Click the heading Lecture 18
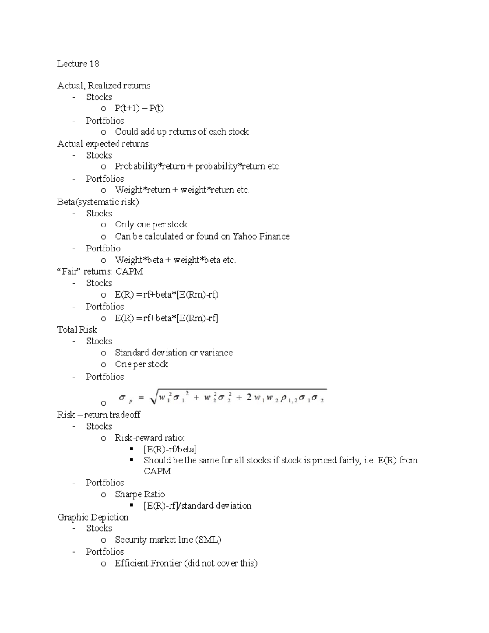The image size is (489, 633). tap(78, 64)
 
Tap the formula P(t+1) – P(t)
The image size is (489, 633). tap(139, 108)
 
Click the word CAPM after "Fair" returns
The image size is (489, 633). tap(129, 271)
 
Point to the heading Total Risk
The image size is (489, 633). tap(77, 329)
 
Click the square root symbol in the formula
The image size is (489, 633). tap(154, 398)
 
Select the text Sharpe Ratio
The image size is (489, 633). tap(140, 494)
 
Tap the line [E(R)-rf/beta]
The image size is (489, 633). tap(170, 449)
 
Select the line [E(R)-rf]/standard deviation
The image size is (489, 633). tap(197, 506)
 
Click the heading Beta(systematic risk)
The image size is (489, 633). tap(98, 202)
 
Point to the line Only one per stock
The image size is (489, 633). tap(151, 224)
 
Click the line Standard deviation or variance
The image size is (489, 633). tap(174, 353)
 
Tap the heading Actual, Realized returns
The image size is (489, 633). tap(104, 86)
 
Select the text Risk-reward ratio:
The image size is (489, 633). tap(150, 438)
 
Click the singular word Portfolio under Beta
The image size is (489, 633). tap(103, 248)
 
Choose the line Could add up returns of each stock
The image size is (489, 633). tap(181, 132)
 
